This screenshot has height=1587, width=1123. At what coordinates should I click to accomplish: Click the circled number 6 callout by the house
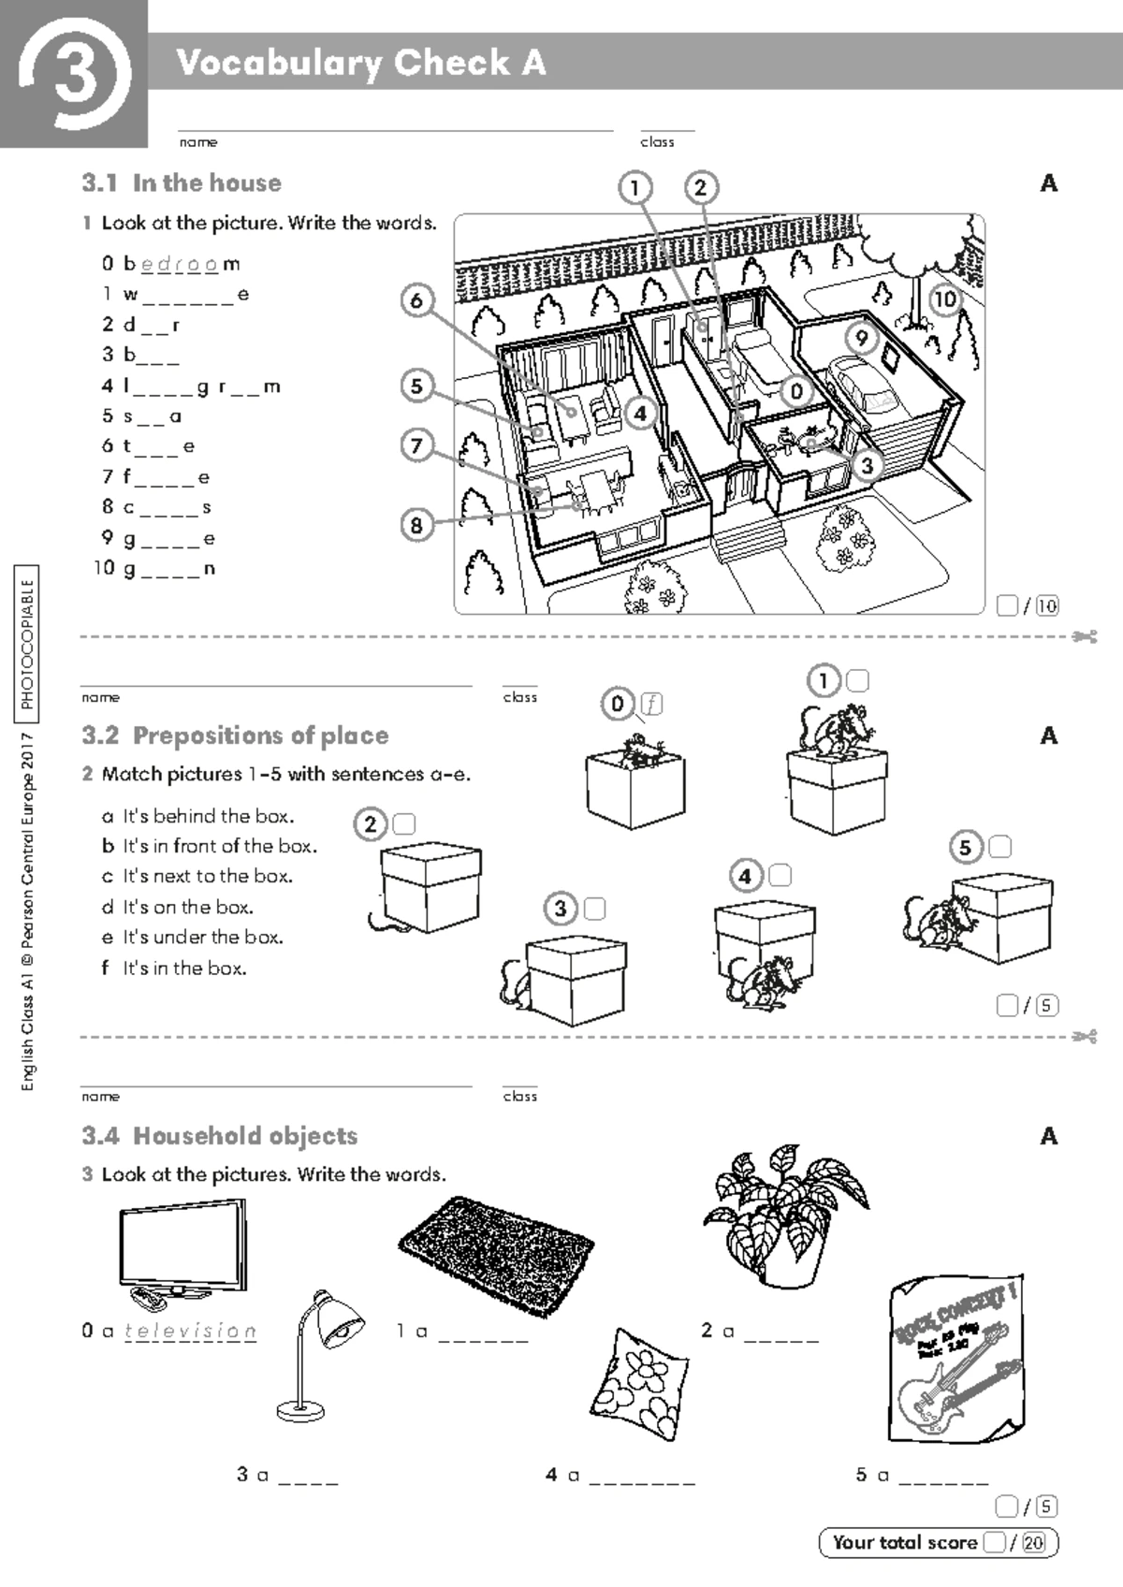point(417,300)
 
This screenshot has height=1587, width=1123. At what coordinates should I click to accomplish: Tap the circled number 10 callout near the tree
point(945,299)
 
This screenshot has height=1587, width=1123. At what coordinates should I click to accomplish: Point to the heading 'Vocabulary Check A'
point(360,63)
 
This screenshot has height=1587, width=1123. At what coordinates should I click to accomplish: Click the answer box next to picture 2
point(404,824)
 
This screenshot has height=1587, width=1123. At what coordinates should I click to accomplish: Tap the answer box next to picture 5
point(999,848)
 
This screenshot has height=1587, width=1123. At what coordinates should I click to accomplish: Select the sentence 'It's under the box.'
point(202,938)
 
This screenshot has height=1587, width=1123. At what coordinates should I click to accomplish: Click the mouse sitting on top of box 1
point(836,730)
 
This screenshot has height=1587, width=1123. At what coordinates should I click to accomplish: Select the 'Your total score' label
point(904,1543)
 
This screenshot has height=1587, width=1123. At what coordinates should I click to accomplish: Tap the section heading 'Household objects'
point(245,1136)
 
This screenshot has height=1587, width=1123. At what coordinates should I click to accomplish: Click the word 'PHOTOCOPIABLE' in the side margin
point(27,645)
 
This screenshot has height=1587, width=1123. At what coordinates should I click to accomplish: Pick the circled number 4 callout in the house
point(640,413)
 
